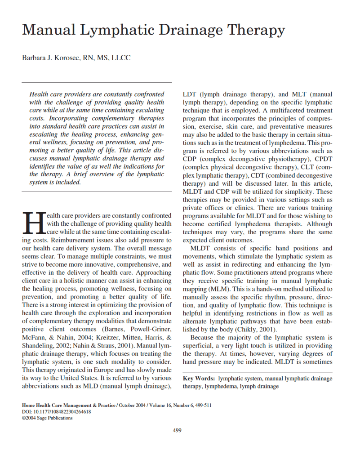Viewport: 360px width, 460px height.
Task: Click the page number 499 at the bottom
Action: pos(177,430)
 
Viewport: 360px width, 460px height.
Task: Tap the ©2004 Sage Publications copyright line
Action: pos(47,417)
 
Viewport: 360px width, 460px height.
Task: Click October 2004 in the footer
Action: pos(132,405)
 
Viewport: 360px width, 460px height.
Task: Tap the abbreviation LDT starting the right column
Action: pos(190,94)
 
